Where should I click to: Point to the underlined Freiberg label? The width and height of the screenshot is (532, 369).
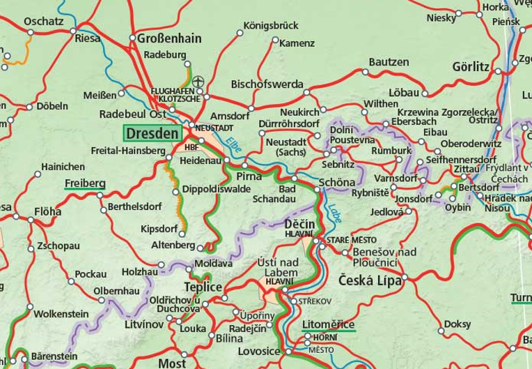(84, 184)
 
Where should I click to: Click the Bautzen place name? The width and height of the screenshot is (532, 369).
(389, 63)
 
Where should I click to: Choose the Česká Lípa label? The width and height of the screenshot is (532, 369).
(367, 280)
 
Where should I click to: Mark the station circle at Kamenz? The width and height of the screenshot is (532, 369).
(272, 43)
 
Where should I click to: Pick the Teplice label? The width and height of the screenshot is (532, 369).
(203, 288)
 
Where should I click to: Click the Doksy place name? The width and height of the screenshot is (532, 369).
(457, 324)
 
